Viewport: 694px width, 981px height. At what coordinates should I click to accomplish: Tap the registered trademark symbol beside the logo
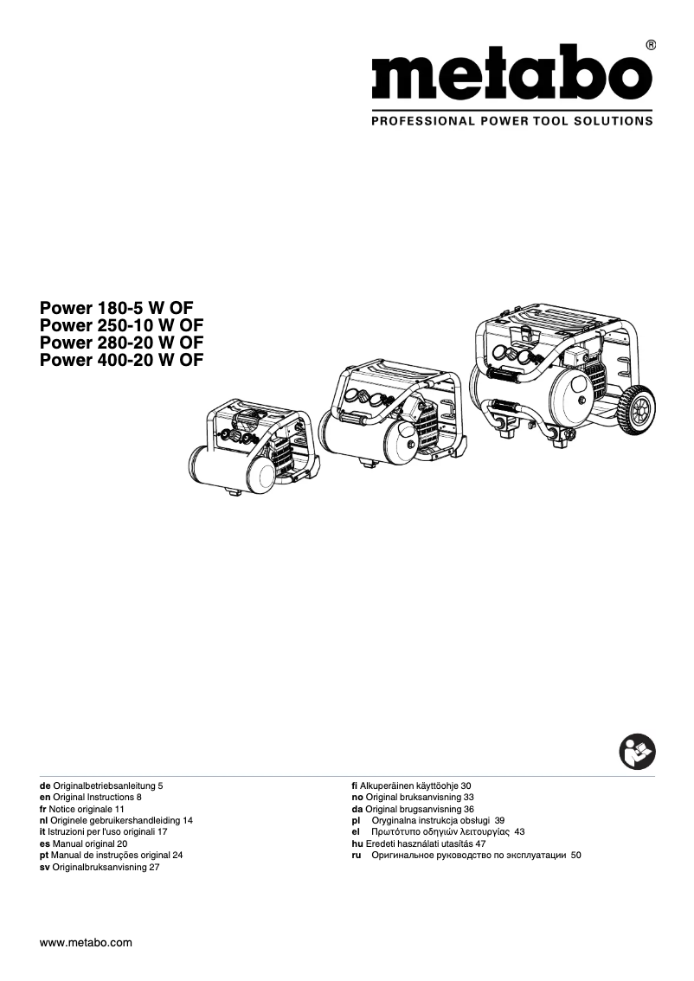tap(650, 44)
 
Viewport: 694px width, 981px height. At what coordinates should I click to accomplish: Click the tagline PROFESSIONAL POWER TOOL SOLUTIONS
tap(511, 122)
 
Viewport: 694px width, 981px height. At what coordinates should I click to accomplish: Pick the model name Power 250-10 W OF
tap(122, 325)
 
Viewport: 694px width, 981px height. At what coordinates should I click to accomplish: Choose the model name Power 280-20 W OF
tap(122, 343)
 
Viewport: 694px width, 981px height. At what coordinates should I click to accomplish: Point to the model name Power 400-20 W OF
tap(122, 360)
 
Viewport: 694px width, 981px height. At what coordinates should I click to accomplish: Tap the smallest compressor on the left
tap(253, 446)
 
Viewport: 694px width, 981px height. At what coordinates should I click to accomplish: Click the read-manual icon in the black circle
tap(638, 751)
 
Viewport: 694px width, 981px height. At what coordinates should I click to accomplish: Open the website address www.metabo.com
tap(87, 943)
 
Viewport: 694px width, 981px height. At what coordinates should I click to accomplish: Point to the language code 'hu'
tap(346, 843)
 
